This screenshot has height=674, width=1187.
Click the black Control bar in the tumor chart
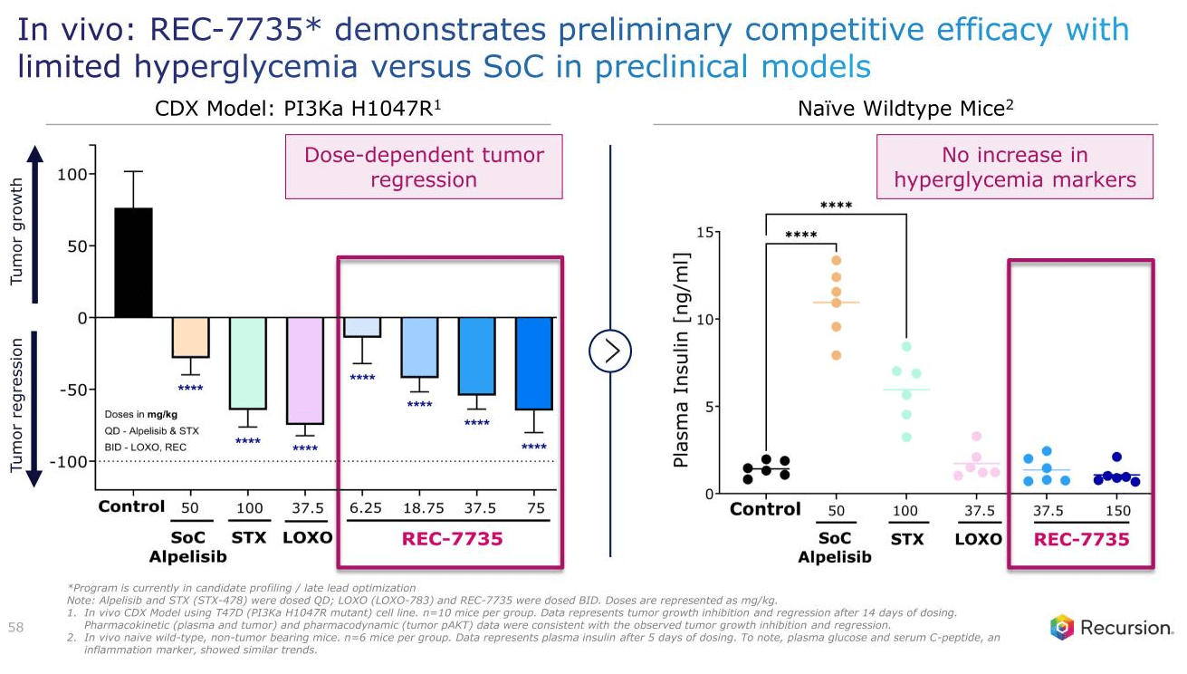click(133, 263)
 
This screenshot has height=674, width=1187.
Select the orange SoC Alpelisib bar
click(190, 337)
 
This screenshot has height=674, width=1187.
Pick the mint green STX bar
click(247, 362)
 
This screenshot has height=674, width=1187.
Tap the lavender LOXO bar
click(304, 371)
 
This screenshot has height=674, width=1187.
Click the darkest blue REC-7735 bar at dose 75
click(533, 363)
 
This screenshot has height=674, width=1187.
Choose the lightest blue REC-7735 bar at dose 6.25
click(362, 327)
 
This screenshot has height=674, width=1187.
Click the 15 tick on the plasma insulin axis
click(703, 233)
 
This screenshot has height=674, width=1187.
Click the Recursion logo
click(1111, 627)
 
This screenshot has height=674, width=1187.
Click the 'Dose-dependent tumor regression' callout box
click(424, 167)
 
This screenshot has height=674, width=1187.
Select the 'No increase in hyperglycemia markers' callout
click(1014, 167)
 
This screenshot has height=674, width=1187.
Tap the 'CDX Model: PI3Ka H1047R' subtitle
click(299, 109)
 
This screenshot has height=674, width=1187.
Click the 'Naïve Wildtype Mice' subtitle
click(905, 109)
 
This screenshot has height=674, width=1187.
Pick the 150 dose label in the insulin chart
click(1118, 510)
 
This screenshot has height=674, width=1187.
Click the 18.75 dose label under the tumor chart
click(419, 508)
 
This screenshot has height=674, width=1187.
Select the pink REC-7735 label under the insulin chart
click(1082, 540)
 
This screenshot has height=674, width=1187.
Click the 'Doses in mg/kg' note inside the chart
click(141, 414)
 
